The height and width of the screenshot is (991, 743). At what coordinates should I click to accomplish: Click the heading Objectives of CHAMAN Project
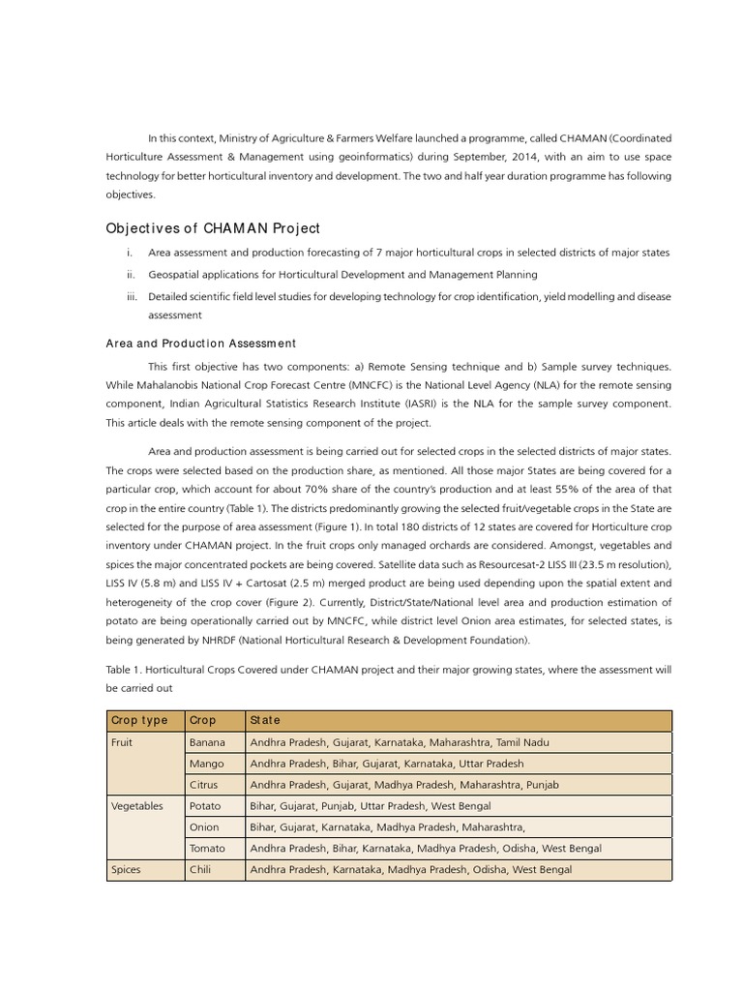click(x=212, y=228)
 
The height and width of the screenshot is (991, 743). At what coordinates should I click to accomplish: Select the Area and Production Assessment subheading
click(x=200, y=344)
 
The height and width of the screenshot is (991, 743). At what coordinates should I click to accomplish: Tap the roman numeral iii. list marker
click(x=133, y=297)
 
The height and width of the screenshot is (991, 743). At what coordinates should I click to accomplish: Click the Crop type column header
click(x=139, y=720)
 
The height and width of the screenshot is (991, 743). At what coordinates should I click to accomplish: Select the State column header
click(x=265, y=720)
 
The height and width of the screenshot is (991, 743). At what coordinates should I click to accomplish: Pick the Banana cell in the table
click(x=208, y=742)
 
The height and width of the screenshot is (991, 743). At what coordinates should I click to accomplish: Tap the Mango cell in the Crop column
click(x=207, y=764)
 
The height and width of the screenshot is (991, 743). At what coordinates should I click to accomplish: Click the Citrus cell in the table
click(x=204, y=785)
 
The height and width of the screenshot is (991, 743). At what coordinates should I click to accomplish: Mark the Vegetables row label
click(x=137, y=806)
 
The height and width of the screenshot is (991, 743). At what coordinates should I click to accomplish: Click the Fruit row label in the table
click(x=123, y=742)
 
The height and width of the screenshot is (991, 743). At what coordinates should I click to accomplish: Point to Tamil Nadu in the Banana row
click(x=522, y=742)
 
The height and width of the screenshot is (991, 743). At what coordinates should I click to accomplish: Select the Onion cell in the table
click(x=205, y=827)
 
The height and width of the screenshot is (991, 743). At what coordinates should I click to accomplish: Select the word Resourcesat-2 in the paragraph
click(x=494, y=564)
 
